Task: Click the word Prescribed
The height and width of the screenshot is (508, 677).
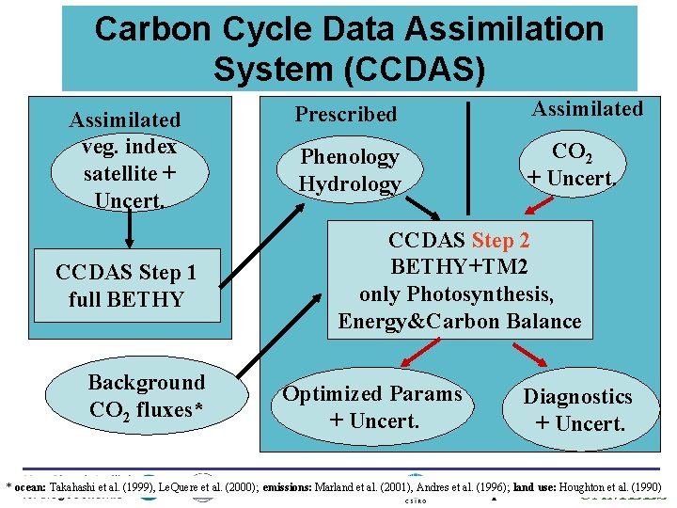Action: (346, 115)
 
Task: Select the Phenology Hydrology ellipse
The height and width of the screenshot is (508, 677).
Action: (350, 169)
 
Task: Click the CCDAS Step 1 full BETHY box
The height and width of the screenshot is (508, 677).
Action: (126, 286)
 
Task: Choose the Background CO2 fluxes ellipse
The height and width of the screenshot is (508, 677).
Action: (147, 395)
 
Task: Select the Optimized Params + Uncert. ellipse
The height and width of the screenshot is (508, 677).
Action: (373, 407)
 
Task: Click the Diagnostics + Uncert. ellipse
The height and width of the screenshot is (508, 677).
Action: (578, 410)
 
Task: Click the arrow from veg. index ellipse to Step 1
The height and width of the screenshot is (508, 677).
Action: (129, 228)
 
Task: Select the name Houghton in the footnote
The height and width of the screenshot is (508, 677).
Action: (596, 487)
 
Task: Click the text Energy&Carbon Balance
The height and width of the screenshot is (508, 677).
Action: (460, 322)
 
